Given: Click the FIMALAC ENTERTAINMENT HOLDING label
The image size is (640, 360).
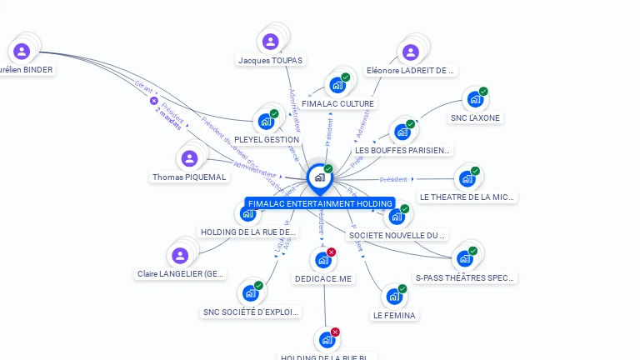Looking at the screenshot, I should pos(320,203).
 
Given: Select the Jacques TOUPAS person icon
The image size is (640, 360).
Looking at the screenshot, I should pos(270,42).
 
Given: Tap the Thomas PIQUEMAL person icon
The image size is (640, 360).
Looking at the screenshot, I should pos(189,158).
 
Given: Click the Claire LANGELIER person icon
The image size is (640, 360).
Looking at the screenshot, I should pos(179,256).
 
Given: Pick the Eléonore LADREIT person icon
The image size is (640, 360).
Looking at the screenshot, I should pos(410,52).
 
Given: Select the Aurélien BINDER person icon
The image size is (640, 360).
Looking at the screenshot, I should pos(22,52).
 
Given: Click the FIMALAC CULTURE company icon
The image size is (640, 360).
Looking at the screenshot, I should pos(337,85).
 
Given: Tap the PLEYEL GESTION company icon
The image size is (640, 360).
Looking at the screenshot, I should pos(266,122).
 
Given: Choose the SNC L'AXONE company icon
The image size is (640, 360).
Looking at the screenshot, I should pos(475,99).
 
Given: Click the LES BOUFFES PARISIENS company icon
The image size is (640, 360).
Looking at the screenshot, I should pos(402,132).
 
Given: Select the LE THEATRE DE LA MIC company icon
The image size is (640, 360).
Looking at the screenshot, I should pos(467,178).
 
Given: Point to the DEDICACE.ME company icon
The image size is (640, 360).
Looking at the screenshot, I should pos(323,260).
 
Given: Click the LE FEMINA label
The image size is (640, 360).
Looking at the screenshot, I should pos(394,315).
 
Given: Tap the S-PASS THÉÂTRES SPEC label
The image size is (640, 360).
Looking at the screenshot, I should pos(465,277).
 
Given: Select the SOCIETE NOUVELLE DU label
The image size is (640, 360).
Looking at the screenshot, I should pos(397,235).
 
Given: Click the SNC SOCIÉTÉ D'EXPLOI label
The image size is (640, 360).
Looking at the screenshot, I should pos(250,312).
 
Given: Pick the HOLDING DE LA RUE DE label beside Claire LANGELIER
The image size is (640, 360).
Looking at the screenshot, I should pos(247,232).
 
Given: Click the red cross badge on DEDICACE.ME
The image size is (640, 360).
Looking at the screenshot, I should pos(331,252).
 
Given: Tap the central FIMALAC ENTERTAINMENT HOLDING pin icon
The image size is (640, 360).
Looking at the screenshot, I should pos(319,177).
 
